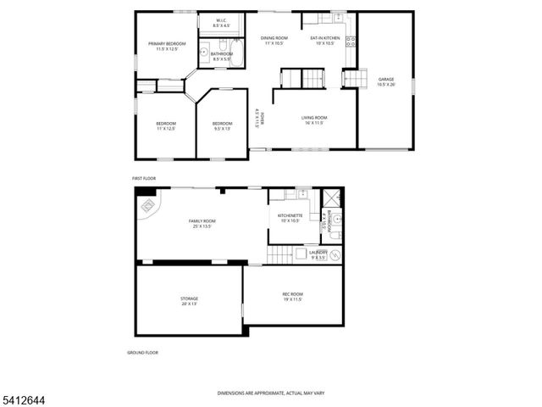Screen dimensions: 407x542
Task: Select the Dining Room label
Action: pyautogui.click(x=274, y=41)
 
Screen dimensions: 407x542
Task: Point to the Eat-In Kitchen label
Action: pyautogui.click(x=325, y=41)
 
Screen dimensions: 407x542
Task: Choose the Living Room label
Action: pyautogui.click(x=314, y=120)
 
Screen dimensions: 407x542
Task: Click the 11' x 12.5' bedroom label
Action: pyautogui.click(x=165, y=126)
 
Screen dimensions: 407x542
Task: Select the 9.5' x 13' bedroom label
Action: pyautogui.click(x=222, y=126)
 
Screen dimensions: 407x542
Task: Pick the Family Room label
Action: pyautogui.click(x=202, y=223)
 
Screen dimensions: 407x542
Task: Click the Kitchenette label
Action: pyautogui.click(x=290, y=218)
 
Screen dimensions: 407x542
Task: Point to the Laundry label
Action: pyautogui.click(x=318, y=254)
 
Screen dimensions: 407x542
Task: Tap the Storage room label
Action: pyautogui.click(x=189, y=300)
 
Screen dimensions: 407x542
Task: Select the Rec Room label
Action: pyautogui.click(x=292, y=296)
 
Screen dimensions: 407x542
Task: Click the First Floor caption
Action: pyautogui.click(x=144, y=179)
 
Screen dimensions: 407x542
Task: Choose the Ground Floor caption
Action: pyautogui.click(x=142, y=352)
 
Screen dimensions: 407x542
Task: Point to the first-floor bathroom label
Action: pyautogui.click(x=222, y=57)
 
